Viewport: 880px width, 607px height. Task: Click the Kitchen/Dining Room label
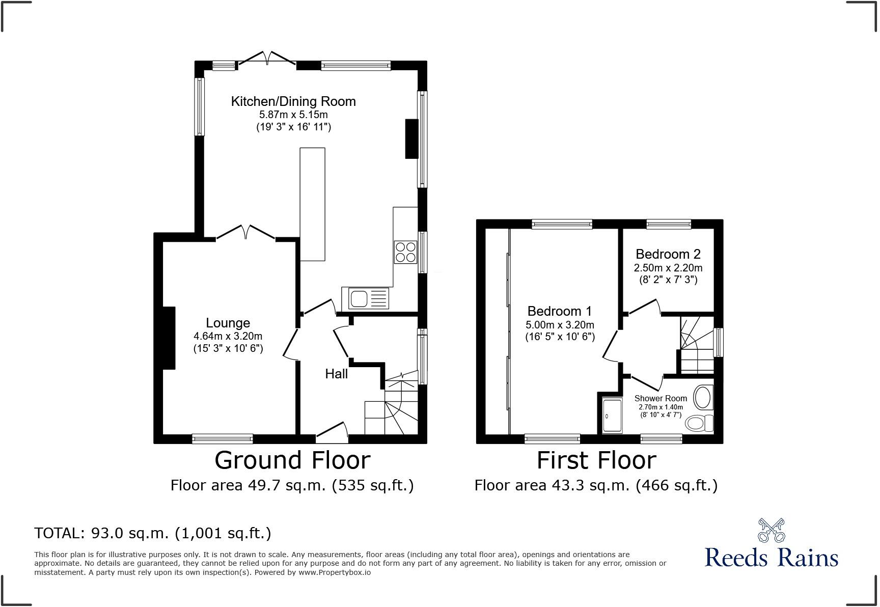293,101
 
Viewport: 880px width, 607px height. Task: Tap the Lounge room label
228,323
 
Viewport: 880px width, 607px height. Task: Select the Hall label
336,374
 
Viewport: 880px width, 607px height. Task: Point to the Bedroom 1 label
560,311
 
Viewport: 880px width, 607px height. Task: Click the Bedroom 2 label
668,254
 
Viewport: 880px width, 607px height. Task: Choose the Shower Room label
661,398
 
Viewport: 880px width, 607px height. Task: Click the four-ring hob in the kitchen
405,252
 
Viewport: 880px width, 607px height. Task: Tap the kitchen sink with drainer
365,298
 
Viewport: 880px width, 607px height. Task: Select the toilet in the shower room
699,423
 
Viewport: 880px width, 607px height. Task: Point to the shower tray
612,416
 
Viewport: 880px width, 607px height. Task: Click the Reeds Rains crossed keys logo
771,530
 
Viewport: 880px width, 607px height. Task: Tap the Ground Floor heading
292,460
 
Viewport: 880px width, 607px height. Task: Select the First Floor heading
596,460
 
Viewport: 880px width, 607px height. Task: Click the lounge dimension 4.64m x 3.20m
228,336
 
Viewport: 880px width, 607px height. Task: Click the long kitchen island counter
312,204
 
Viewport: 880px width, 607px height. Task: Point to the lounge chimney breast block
169,338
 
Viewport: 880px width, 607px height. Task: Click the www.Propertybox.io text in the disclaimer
335,572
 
